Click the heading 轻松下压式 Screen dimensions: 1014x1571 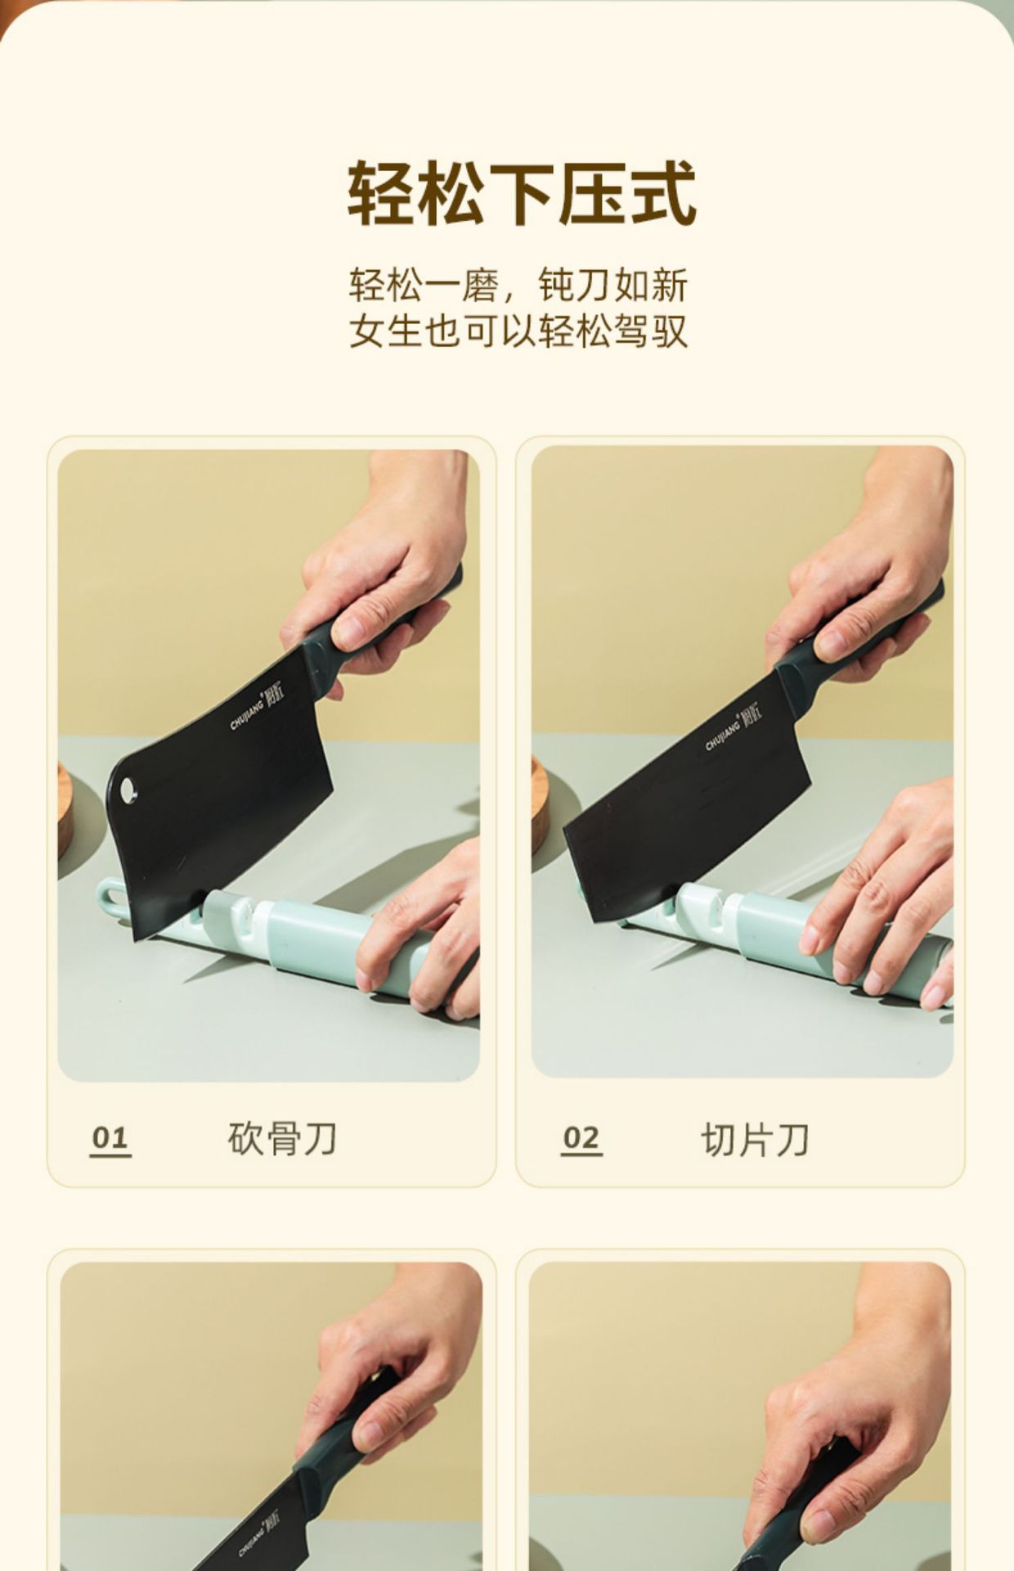pos(522,193)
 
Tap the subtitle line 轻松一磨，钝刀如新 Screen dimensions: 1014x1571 pos(518,285)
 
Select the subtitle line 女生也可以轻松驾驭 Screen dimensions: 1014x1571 pos(518,331)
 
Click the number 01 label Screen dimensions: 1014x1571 pos(110,1137)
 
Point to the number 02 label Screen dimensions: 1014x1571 pos(581,1137)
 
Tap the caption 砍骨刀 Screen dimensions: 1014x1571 pos(282,1138)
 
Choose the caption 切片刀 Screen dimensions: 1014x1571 pos(755,1139)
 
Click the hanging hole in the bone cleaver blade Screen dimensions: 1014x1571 pos(128,790)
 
